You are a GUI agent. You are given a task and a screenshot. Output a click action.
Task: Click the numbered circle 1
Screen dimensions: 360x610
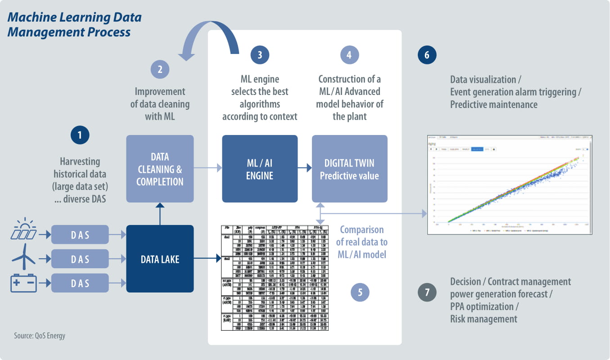tap(80, 135)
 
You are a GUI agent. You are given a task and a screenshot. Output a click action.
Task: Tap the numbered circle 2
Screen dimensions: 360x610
tap(160, 70)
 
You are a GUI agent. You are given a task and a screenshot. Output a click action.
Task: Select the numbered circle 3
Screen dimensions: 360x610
tap(260, 55)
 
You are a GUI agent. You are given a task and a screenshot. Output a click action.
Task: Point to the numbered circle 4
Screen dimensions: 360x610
tap(350, 55)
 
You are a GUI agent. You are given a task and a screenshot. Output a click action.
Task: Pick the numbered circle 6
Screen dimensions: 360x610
tap(427, 55)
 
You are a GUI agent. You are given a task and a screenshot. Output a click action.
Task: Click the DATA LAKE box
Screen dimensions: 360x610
tap(160, 259)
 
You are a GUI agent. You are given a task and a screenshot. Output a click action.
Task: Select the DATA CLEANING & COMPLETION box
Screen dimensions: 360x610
tap(160, 169)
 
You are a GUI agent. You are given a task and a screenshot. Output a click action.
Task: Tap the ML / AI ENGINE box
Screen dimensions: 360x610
tap(260, 169)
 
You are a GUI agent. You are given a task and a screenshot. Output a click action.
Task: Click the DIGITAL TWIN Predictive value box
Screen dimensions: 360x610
tap(350, 169)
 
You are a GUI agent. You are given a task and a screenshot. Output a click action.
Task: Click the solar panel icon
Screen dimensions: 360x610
tap(24, 230)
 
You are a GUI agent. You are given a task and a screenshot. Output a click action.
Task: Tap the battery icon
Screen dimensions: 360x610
tap(24, 283)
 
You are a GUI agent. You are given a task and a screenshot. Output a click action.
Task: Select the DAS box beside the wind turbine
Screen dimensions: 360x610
tap(80, 259)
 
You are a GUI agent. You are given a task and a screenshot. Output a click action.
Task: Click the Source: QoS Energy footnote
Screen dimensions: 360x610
tap(40, 336)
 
